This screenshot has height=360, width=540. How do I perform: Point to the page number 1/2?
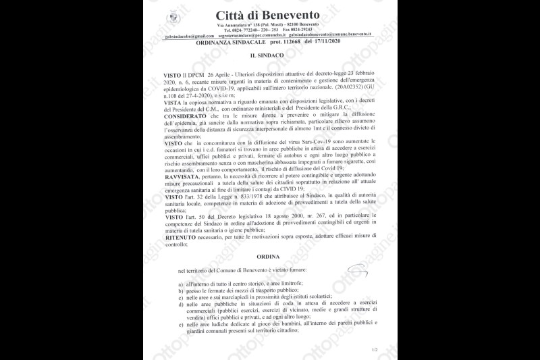375,350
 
